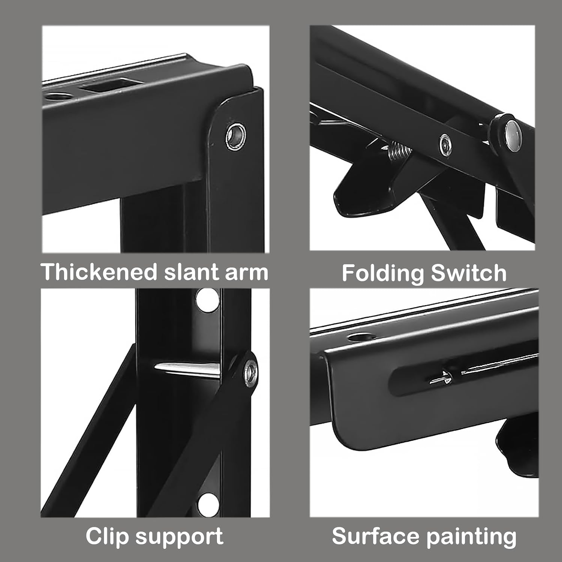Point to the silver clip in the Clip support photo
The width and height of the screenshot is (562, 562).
tap(187, 369)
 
